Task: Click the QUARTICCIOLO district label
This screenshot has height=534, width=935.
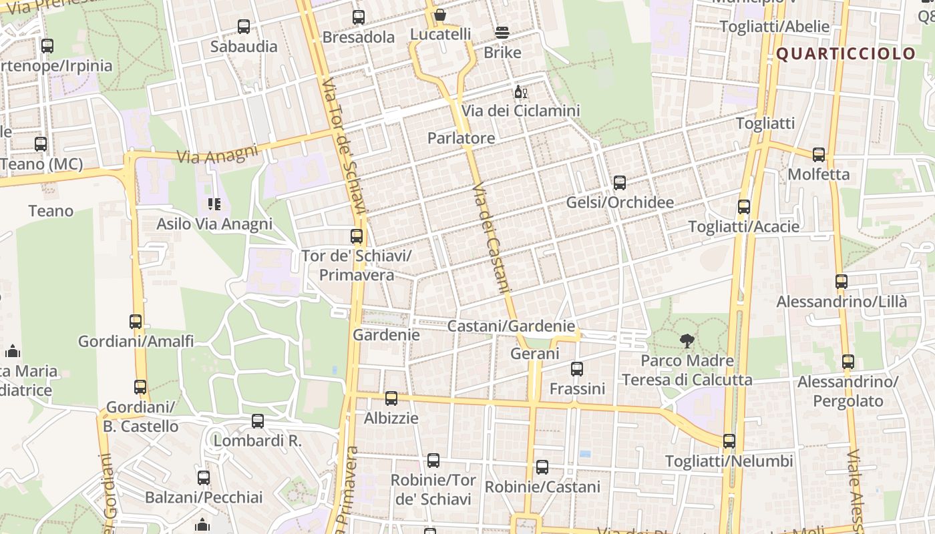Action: coord(846,54)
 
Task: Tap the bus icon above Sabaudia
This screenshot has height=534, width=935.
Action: coord(244,27)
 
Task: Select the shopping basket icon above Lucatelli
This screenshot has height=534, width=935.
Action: coord(439,15)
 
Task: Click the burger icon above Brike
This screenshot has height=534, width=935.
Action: coord(502,33)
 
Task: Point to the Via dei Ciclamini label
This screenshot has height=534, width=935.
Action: coord(521,111)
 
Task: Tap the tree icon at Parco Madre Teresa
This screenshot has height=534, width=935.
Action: coord(686,342)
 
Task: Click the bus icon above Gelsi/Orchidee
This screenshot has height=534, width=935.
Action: coord(619,183)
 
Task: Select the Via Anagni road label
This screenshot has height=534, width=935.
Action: coord(217,154)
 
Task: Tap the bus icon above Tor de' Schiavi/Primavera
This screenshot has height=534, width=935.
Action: coord(357,236)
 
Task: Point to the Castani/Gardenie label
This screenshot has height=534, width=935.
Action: coord(510,326)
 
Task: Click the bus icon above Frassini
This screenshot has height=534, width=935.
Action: coord(577,369)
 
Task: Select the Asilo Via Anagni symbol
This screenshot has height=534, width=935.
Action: coord(214,204)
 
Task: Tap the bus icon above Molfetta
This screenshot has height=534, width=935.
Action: coord(819,155)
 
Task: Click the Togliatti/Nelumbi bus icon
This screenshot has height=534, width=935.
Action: coord(729,441)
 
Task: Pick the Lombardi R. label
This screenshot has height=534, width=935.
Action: coord(257,441)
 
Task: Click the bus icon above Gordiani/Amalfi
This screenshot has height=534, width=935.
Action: coord(136,322)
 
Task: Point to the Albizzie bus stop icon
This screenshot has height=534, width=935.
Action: coord(391,398)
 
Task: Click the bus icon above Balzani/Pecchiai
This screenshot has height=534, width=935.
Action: coord(204,478)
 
